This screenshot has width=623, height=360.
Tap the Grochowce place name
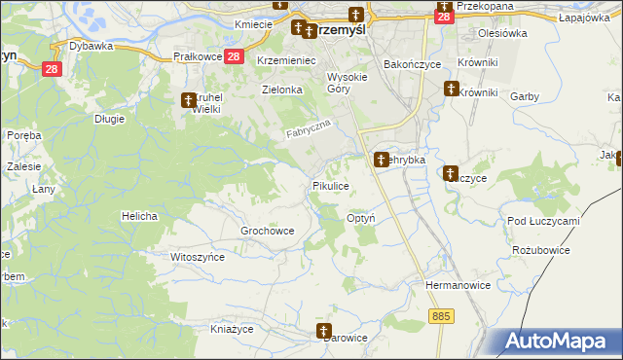267,231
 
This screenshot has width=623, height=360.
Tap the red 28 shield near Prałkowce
233,57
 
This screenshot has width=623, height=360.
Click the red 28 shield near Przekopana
444,17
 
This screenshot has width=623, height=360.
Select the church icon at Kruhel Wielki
189,99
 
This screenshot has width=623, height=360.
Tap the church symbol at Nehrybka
381,159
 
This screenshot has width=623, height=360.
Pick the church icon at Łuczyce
451,173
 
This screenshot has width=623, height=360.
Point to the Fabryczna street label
310,127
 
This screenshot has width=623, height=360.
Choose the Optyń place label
361,219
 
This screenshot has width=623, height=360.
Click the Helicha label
139,215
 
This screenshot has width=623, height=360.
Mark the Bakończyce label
412,63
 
